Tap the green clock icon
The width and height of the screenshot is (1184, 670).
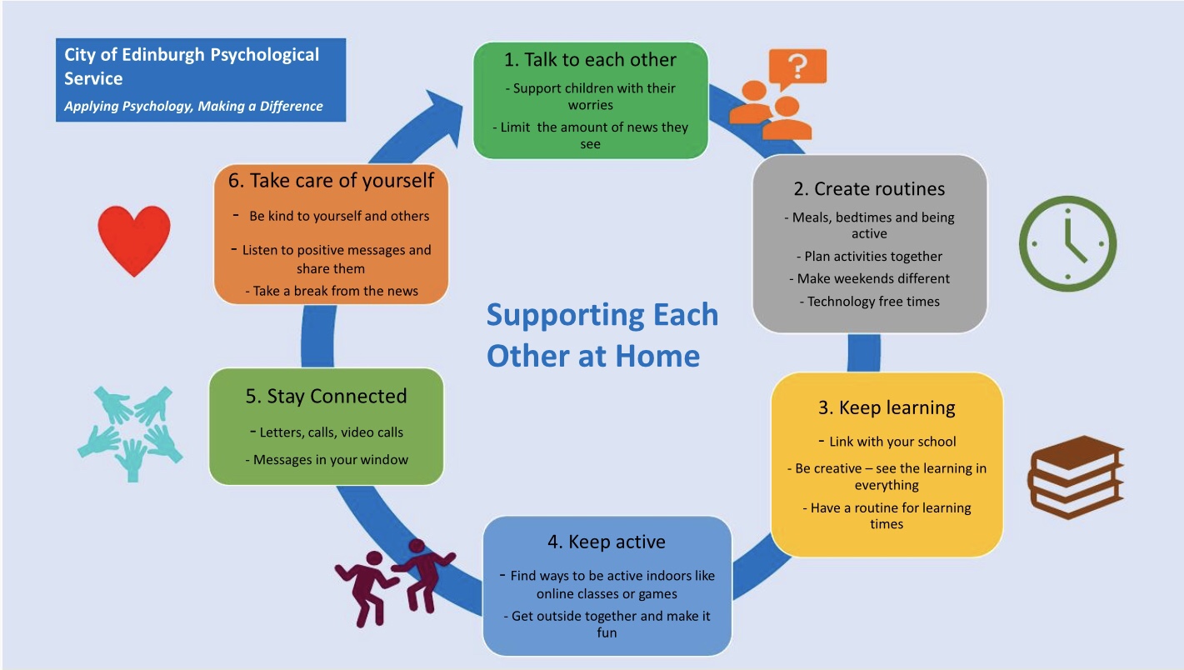[x=1067, y=243]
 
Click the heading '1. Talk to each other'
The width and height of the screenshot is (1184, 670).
[x=590, y=60]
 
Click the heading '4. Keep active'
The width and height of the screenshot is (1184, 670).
[x=606, y=542]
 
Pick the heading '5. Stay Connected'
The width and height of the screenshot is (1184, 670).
[x=326, y=397]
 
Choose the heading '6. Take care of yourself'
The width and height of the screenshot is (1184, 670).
[x=331, y=180]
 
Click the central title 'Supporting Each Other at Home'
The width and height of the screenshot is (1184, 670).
[x=602, y=335]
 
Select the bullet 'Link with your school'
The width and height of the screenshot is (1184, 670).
[x=892, y=442]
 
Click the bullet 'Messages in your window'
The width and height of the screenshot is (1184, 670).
[x=330, y=460]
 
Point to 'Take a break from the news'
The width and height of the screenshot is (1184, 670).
[x=331, y=291]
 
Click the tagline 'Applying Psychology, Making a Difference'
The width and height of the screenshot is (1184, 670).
[x=193, y=107]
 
